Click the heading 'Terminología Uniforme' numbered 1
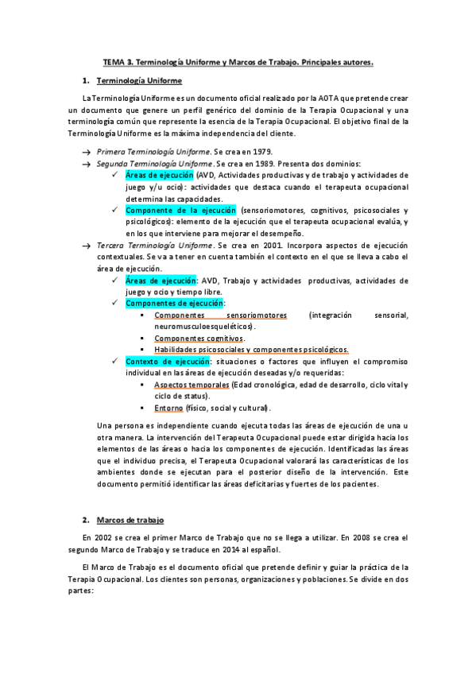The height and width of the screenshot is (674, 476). click(139, 81)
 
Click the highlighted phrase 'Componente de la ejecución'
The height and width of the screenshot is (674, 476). click(180, 210)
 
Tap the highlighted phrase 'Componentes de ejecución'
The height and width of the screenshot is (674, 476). click(175, 304)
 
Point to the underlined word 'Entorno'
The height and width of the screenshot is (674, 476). click(168, 408)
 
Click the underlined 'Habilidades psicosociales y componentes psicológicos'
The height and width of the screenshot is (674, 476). click(251, 350)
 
